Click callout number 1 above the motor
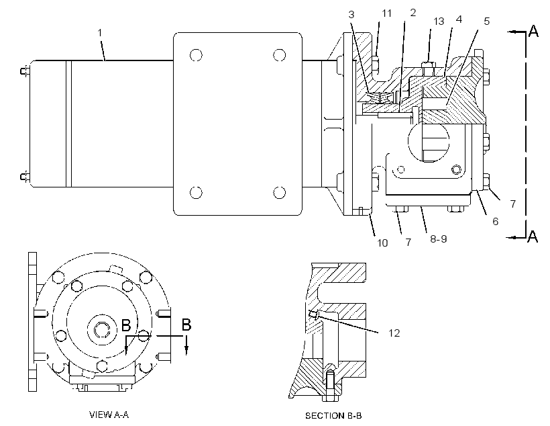tap(100, 33)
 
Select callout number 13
tap(439, 22)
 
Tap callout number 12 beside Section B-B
tap(394, 333)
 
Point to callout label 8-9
tap(439, 239)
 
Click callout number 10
tap(382, 243)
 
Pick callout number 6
tap(495, 222)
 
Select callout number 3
tap(351, 14)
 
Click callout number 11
tap(386, 13)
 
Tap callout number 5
tap(486, 22)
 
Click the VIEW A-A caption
tap(109, 415)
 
